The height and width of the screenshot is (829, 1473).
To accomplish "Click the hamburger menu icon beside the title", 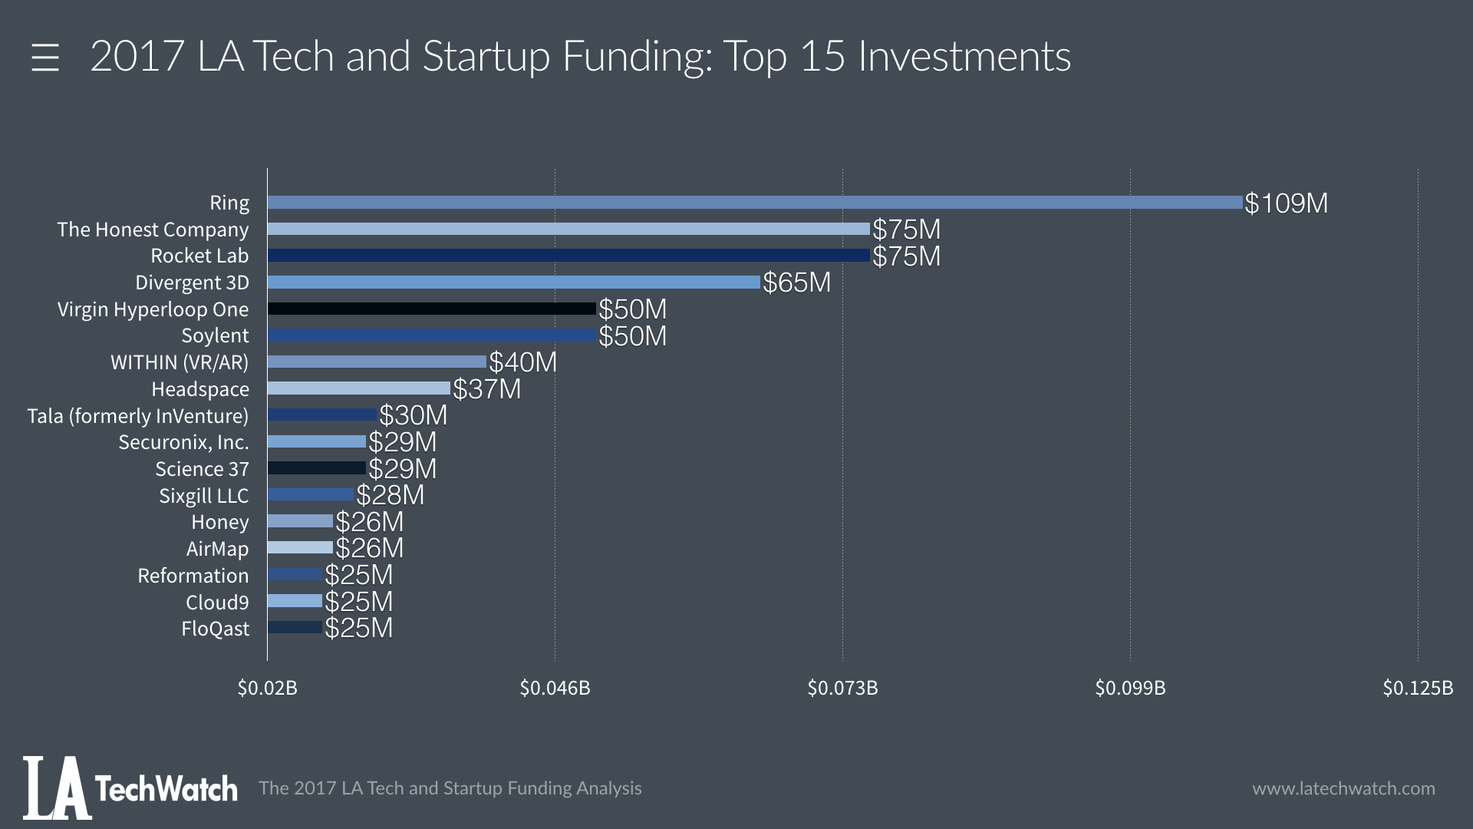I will point(45,58).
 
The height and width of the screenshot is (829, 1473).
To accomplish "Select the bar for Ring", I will point(755,203).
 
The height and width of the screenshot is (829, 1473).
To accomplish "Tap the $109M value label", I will point(1286,203).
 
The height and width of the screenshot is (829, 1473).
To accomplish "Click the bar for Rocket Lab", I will point(568,256).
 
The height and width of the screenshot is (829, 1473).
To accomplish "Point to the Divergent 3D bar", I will point(514,282).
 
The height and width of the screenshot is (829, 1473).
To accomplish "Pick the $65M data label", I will point(796,283).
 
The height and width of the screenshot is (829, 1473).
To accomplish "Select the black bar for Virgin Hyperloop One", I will point(432,309).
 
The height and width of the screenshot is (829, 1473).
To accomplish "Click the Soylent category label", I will point(215,336).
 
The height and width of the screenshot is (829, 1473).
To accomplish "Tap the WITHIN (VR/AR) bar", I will point(377,362).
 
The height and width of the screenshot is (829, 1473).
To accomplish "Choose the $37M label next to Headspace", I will point(486,389).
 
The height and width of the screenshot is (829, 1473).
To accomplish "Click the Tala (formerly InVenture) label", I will point(138,416).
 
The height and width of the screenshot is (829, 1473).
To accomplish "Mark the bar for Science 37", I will point(317,468).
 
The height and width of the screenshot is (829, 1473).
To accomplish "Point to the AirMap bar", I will point(300,548).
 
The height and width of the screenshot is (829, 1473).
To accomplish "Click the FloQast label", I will point(216,629).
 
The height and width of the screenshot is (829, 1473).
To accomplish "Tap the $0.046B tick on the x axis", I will point(555,688).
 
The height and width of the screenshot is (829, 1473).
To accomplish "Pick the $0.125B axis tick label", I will point(1418,688).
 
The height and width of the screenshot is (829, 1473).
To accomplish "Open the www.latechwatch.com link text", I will point(1343,788).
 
